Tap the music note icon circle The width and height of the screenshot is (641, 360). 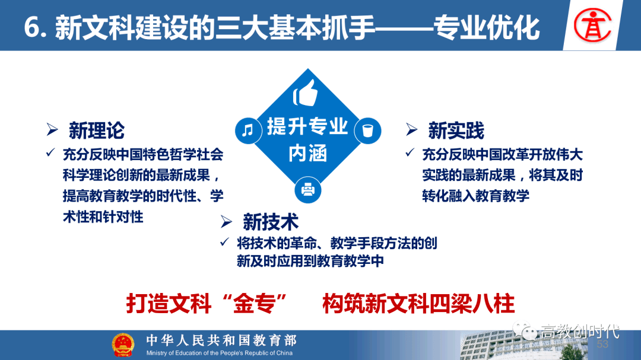click(x=247, y=130)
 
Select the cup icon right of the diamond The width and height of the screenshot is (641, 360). click(x=368, y=130)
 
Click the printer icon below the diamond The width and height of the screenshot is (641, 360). click(x=307, y=190)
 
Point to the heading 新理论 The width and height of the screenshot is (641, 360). click(x=96, y=130)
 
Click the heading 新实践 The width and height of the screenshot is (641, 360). click(x=456, y=130)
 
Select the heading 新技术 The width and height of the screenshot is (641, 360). click(x=270, y=222)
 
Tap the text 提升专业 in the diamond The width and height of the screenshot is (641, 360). click(x=307, y=126)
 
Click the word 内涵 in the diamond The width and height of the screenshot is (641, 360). click(x=307, y=154)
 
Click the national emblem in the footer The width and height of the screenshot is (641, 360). click(x=123, y=345)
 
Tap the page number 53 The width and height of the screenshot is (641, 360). click(x=602, y=345)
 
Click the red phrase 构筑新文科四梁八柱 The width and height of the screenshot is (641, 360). click(x=418, y=304)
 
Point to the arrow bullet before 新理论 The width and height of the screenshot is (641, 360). click(x=53, y=130)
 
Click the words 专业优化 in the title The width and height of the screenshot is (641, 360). click(x=487, y=27)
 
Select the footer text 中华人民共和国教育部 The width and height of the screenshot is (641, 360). click(x=221, y=340)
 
